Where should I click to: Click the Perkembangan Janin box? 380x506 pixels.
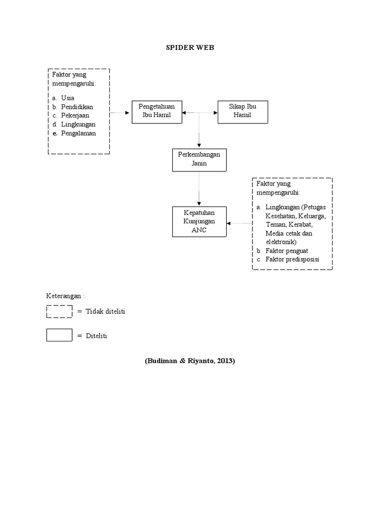click(x=199, y=159)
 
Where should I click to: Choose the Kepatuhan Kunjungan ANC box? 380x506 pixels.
click(x=199, y=222)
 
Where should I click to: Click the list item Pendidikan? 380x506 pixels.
click(x=77, y=107)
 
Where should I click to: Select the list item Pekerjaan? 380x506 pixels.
click(x=76, y=116)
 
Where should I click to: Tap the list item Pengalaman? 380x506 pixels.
click(x=78, y=133)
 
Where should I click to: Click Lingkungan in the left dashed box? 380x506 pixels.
click(x=78, y=125)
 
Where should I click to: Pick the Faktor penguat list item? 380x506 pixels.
click(x=286, y=251)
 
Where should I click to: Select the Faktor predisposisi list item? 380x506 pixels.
click(x=292, y=260)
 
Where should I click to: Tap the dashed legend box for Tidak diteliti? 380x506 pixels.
click(x=59, y=311)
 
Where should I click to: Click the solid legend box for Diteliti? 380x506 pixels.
click(x=59, y=335)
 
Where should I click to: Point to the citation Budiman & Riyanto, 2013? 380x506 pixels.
click(x=190, y=361)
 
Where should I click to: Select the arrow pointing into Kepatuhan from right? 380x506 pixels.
click(x=239, y=223)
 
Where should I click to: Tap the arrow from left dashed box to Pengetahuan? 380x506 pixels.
click(x=120, y=113)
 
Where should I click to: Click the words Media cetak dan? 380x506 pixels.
click(x=288, y=233)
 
